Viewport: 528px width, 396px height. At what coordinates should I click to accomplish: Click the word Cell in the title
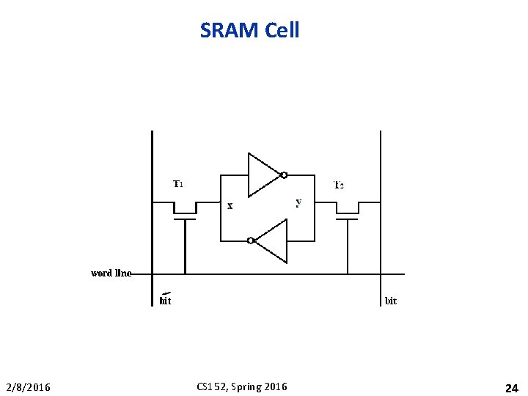279,31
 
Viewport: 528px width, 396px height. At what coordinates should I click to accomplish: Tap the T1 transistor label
178,184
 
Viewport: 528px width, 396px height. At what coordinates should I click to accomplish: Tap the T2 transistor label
339,185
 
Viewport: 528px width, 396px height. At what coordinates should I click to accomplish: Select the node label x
230,206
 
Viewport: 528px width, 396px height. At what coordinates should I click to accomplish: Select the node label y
298,202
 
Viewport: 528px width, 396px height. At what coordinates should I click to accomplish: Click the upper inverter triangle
263,175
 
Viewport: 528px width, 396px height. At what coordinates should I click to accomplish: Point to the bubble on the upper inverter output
284,175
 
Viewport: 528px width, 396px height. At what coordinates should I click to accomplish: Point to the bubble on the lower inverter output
250,240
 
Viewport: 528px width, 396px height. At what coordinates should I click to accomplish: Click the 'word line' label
111,273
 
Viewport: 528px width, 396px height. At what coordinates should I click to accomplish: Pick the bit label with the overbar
166,300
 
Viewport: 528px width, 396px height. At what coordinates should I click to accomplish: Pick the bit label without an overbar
391,301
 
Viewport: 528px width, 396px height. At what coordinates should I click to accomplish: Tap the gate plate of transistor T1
185,219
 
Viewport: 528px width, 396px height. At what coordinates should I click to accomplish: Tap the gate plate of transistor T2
348,219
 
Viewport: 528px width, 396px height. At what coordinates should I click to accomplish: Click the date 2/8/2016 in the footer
29,387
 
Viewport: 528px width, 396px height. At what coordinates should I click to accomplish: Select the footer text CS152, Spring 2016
242,386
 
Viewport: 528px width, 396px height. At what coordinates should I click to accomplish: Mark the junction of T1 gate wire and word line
185,274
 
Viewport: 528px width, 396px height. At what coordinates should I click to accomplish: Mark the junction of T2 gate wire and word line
348,274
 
